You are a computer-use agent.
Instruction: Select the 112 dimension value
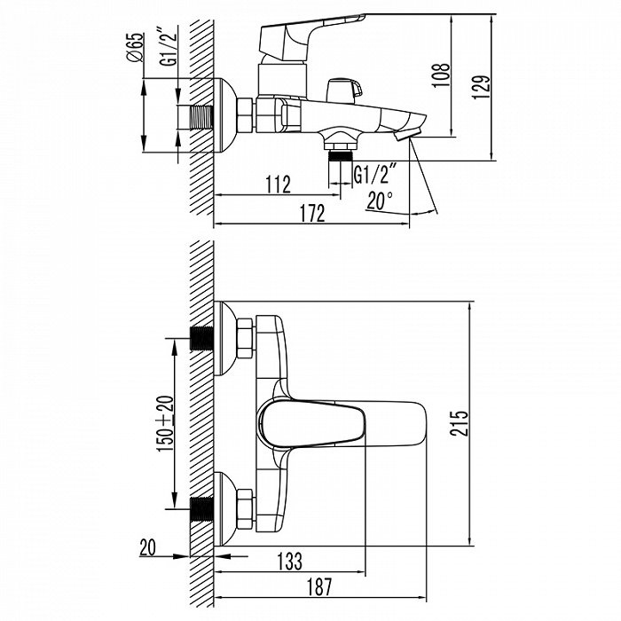[278, 185]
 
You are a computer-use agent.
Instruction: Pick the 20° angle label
[379, 200]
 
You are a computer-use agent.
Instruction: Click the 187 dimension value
[336, 586]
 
